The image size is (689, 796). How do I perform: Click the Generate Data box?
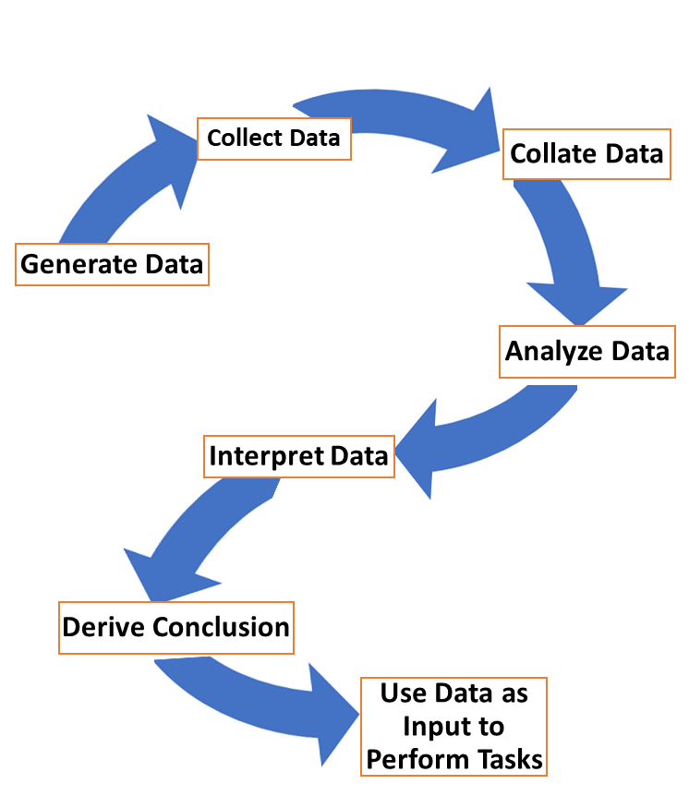click(112, 265)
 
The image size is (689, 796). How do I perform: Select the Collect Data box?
click(274, 139)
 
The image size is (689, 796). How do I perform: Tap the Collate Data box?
click(586, 153)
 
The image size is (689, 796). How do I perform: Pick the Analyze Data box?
click(587, 352)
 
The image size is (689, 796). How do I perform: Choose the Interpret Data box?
click(298, 456)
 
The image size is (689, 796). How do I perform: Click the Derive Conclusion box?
click(175, 628)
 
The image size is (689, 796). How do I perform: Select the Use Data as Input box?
click(454, 726)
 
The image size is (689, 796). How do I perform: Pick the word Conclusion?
click(222, 628)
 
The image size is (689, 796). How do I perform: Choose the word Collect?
click(245, 139)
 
